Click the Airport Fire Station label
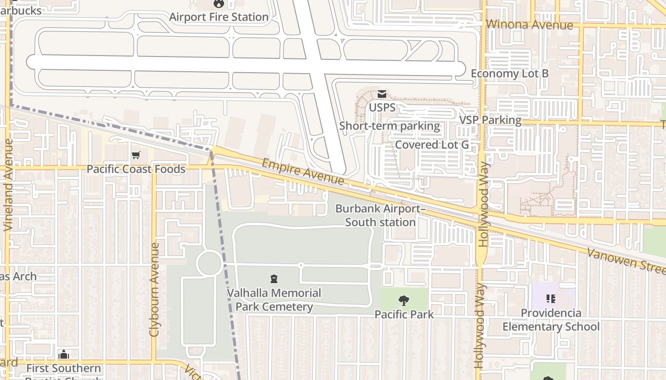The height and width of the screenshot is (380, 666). [219, 17]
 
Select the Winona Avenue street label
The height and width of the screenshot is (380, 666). [529, 25]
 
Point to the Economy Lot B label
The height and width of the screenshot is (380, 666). [509, 74]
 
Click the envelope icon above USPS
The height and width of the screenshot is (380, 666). [382, 94]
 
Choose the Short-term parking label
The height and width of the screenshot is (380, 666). [390, 126]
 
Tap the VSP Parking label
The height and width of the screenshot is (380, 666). [490, 120]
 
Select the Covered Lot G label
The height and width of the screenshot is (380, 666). [432, 144]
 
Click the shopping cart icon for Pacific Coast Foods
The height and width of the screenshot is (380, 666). [136, 155]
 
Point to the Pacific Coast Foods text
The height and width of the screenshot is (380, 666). [136, 169]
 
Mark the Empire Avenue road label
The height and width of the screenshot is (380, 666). [303, 172]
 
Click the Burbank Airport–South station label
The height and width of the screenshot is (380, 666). [380, 216]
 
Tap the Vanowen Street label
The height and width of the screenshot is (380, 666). [626, 260]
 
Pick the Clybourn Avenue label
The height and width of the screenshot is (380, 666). [154, 290]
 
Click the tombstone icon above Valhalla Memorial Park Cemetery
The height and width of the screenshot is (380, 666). [274, 279]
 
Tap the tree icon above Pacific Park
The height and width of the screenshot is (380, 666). [403, 300]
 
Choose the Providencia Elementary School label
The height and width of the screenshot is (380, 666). [551, 320]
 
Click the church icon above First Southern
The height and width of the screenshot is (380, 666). [63, 355]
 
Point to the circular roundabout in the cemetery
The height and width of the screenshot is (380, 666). [209, 264]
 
